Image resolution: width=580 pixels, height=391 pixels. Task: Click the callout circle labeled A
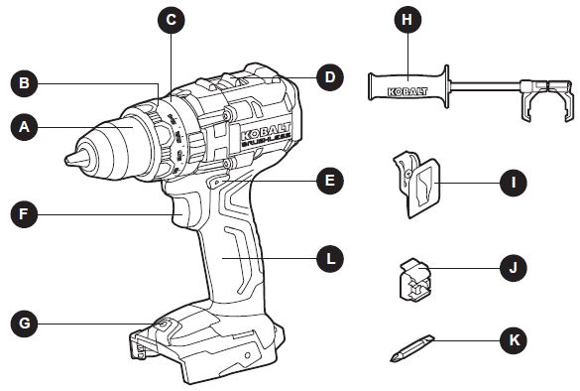(x=24, y=127)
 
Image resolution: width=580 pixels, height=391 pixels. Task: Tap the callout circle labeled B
(x=24, y=82)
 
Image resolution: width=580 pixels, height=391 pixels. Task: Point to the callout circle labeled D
(x=329, y=76)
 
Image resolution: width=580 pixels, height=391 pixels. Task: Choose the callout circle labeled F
(x=24, y=212)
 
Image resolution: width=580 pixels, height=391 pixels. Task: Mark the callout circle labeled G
(x=24, y=323)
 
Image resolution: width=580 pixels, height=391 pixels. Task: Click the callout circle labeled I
(x=513, y=183)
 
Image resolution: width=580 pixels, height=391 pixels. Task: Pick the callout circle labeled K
(x=513, y=340)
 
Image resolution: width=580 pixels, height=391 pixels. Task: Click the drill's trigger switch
(x=188, y=205)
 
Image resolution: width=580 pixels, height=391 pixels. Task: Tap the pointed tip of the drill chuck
(x=70, y=159)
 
